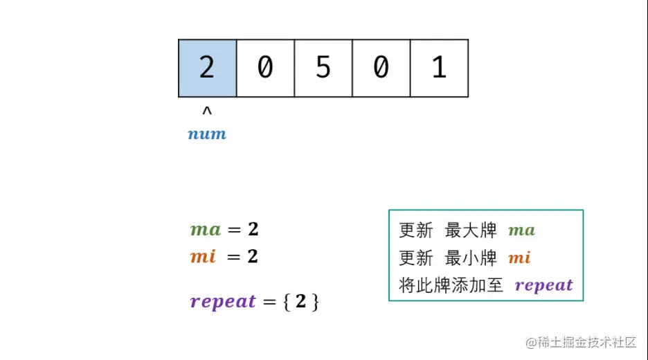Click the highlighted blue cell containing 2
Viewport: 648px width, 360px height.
[207, 68]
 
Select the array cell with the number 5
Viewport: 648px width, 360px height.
[323, 68]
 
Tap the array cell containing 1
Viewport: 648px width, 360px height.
[439, 68]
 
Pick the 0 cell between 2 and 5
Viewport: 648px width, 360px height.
[265, 68]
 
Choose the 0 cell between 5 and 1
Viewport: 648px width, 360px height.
[381, 68]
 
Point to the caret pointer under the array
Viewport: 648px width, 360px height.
[206, 111]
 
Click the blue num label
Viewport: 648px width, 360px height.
[207, 134]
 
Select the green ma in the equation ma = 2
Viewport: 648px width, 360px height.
[205, 229]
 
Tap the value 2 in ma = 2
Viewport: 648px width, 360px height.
[253, 229]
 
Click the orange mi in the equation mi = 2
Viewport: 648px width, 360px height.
[203, 257]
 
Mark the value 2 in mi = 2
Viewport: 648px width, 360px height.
[253, 257]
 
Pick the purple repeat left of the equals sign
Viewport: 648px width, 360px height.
[222, 302]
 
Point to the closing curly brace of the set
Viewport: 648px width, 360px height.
[315, 303]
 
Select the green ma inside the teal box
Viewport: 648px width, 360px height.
[521, 230]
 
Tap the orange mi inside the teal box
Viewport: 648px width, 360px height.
[519, 258]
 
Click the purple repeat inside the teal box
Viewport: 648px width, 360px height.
[544, 285]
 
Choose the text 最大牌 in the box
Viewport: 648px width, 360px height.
[471, 231]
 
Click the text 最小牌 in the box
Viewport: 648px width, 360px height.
[471, 258]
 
